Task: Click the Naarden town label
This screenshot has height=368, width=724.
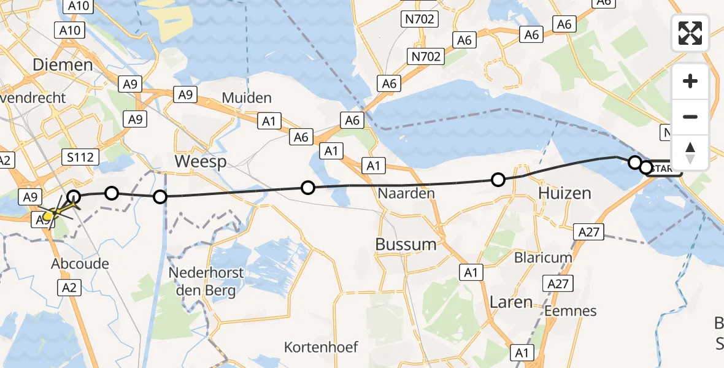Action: (406, 193)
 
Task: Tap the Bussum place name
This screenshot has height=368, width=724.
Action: (406, 244)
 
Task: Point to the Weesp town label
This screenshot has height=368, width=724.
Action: (201, 162)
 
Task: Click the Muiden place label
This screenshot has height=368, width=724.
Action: (246, 98)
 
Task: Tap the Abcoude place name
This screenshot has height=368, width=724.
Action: (81, 264)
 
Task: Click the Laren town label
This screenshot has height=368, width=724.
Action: (510, 302)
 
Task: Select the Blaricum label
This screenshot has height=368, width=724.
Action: (543, 258)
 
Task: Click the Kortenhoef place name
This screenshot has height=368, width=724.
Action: (321, 347)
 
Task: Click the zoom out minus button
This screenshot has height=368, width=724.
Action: (690, 117)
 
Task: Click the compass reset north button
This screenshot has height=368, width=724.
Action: (690, 152)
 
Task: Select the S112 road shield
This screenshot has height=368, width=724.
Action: (80, 158)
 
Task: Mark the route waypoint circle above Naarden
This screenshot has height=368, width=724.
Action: (308, 187)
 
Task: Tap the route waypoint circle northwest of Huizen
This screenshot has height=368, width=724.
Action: (498, 179)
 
